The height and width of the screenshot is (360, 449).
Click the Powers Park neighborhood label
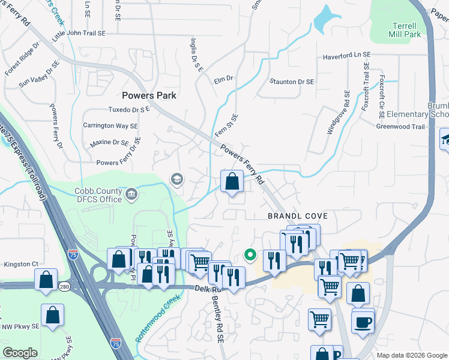pos(147,95)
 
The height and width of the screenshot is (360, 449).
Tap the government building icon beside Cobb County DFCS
pos(132,194)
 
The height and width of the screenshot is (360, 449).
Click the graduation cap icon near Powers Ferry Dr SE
pos(176,179)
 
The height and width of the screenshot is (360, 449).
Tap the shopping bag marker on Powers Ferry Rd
pos(232,181)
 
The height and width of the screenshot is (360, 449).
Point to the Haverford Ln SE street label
pos(346,55)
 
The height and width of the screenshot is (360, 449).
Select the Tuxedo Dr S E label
pos(128,110)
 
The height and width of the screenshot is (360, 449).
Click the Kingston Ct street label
pos(21,263)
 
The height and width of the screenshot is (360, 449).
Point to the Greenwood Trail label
pos(400,127)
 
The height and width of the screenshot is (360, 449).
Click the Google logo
pos(20,353)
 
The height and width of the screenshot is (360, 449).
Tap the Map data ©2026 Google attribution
pos(411,355)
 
